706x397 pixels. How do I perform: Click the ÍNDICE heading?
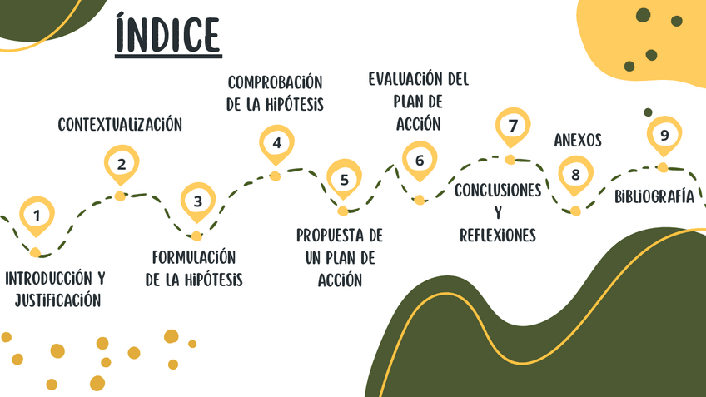point(167,34)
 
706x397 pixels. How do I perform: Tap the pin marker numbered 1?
point(36,216)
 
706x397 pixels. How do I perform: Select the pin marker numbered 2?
point(122,164)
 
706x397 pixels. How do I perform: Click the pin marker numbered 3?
point(197,201)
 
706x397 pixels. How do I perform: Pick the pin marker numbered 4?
point(276,142)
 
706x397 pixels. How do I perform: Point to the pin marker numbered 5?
point(345,177)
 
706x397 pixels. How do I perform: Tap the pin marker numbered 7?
point(513,127)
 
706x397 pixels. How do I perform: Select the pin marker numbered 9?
point(664,134)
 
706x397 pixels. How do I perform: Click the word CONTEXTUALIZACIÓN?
point(120,125)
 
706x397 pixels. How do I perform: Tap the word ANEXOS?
point(578,141)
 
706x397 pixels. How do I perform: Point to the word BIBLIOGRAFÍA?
point(654,196)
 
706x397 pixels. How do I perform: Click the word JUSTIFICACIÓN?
point(57,300)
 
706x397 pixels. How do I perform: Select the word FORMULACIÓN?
point(194,257)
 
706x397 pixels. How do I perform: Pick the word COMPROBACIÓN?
point(275,82)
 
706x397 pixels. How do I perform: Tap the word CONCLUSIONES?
point(498,190)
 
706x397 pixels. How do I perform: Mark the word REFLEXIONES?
point(498,236)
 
